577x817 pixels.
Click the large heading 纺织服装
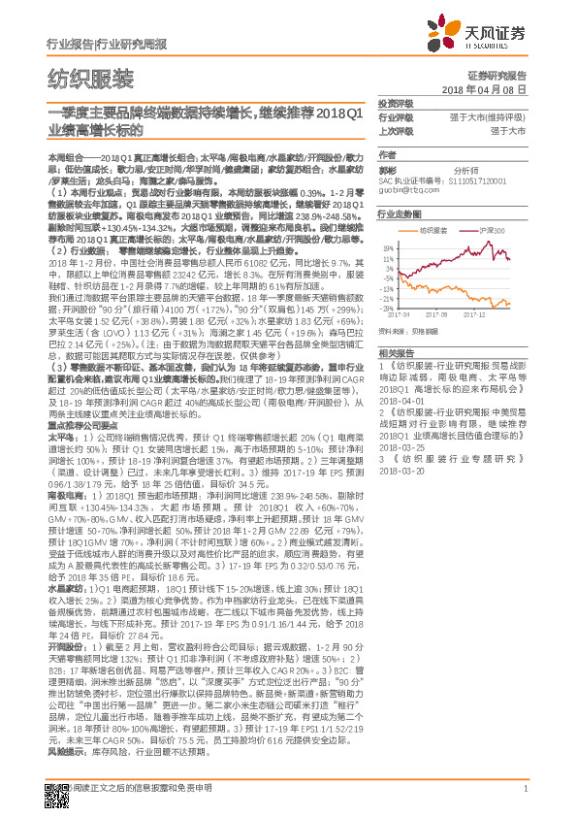(90, 79)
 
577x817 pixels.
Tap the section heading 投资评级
(395, 103)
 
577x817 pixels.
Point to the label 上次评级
(395, 130)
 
